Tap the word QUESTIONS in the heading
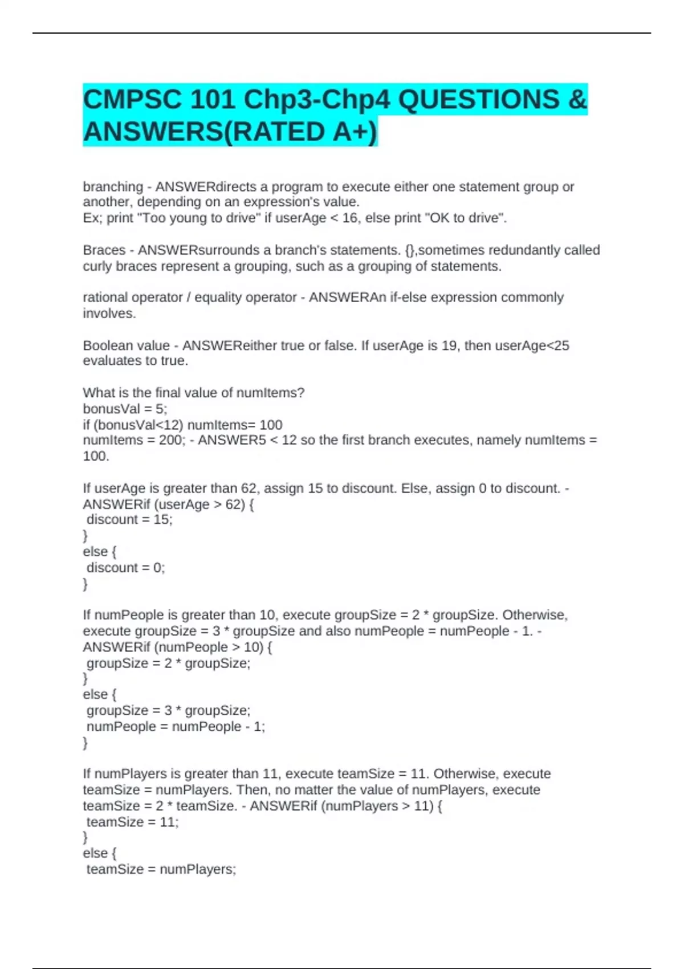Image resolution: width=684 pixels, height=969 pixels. pyautogui.click(x=478, y=100)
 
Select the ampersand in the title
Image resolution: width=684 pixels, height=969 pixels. pyautogui.click(x=577, y=100)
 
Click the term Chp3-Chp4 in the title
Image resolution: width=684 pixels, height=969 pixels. pyautogui.click(x=317, y=100)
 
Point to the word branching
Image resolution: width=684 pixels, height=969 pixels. pyautogui.click(x=113, y=187)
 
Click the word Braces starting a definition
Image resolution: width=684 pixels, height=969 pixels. pyautogui.click(x=104, y=250)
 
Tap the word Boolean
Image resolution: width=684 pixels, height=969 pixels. pyautogui.click(x=108, y=345)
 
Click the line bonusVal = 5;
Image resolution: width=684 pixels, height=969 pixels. pyautogui.click(x=125, y=409)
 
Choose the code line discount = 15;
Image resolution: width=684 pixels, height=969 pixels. pyautogui.click(x=129, y=519)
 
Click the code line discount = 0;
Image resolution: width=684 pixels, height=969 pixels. pyautogui.click(x=125, y=568)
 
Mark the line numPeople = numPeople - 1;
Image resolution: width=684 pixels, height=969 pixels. pyautogui.click(x=176, y=727)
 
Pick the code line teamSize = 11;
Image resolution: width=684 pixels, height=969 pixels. pyautogui.click(x=132, y=822)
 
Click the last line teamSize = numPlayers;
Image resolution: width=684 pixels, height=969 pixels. pyautogui.click(x=161, y=869)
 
